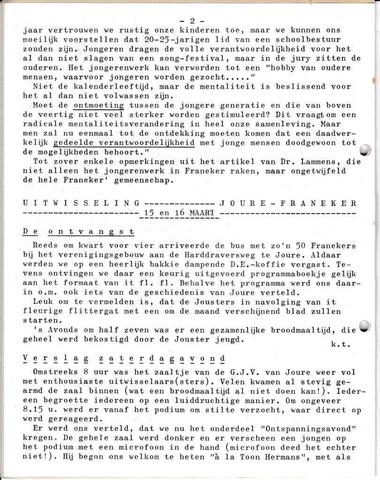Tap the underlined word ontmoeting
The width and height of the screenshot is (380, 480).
99,105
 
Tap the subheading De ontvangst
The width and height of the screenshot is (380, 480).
78,232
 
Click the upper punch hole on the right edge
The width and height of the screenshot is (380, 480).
365,150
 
